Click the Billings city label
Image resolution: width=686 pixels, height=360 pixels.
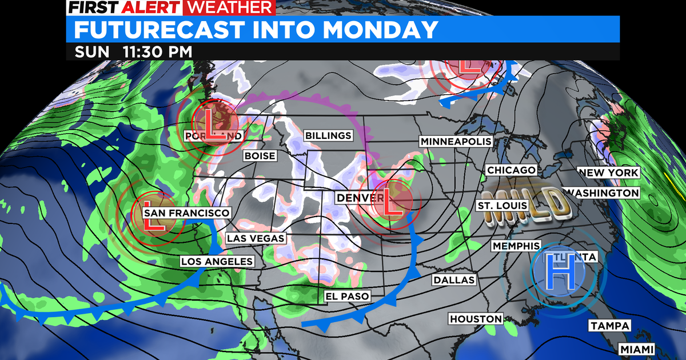[328, 135]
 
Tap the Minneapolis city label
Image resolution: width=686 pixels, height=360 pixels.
[456, 141]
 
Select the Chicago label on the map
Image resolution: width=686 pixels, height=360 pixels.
[511, 170]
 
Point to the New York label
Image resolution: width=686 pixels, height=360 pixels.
[607, 173]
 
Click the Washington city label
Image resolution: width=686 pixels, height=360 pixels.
[604, 193]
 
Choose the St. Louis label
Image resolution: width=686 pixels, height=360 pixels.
[501, 206]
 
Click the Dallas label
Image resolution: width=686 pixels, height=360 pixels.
[454, 280]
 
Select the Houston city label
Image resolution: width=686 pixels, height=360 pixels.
[476, 319]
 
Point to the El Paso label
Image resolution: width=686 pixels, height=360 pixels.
[347, 296]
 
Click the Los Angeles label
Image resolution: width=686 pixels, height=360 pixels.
[217, 262]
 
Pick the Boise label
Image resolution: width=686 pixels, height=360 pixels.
[260, 156]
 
